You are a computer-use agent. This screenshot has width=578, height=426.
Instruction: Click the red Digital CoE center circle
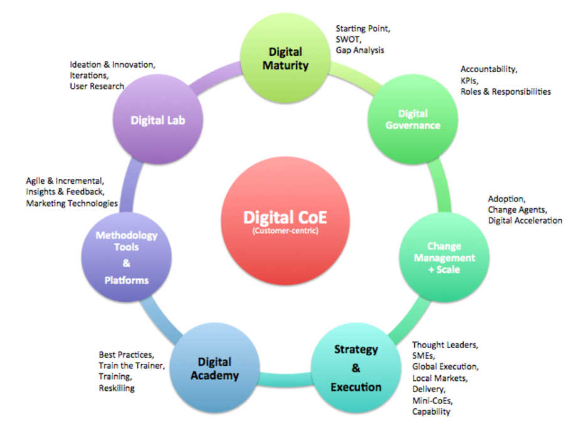(x=286, y=220)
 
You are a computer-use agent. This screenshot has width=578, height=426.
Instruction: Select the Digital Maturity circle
(x=286, y=58)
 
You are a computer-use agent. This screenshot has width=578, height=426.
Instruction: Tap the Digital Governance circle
(x=413, y=119)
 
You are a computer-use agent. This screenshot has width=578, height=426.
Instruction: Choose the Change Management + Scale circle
(x=444, y=257)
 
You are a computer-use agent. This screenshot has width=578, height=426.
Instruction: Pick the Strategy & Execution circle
(x=356, y=368)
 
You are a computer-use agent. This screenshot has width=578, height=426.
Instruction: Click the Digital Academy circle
(x=215, y=368)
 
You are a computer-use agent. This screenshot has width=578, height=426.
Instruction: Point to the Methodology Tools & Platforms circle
(x=126, y=257)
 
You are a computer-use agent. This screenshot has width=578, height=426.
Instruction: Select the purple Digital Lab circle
(x=158, y=119)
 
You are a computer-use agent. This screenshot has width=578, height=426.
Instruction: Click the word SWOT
(x=348, y=39)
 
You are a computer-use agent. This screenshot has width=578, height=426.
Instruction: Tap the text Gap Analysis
(x=360, y=50)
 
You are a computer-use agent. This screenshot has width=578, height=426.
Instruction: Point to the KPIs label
(x=469, y=80)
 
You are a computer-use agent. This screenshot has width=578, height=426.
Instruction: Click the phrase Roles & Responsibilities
(x=505, y=92)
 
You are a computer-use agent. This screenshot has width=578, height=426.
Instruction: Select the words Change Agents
(x=517, y=210)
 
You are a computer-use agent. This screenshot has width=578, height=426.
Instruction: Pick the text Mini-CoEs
(x=432, y=400)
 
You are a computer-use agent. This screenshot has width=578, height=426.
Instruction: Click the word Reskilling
(x=117, y=388)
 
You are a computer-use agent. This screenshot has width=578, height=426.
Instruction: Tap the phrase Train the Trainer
(x=131, y=366)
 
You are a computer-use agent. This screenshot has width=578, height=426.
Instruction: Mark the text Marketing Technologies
(x=72, y=203)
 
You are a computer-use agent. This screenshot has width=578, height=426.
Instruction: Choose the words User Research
(x=97, y=86)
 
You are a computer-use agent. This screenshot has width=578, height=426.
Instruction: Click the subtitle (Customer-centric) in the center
(x=286, y=231)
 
